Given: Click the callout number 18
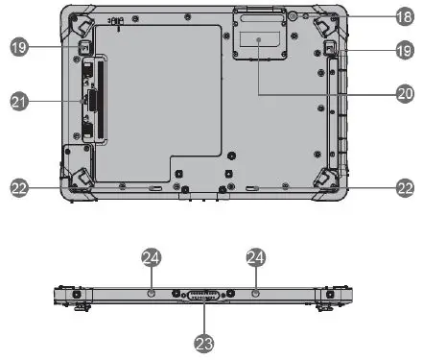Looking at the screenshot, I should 404,16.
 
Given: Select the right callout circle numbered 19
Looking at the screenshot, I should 404,50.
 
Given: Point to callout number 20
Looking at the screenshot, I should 404,94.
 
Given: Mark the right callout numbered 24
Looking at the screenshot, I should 255,257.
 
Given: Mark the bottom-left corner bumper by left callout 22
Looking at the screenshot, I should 80,179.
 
